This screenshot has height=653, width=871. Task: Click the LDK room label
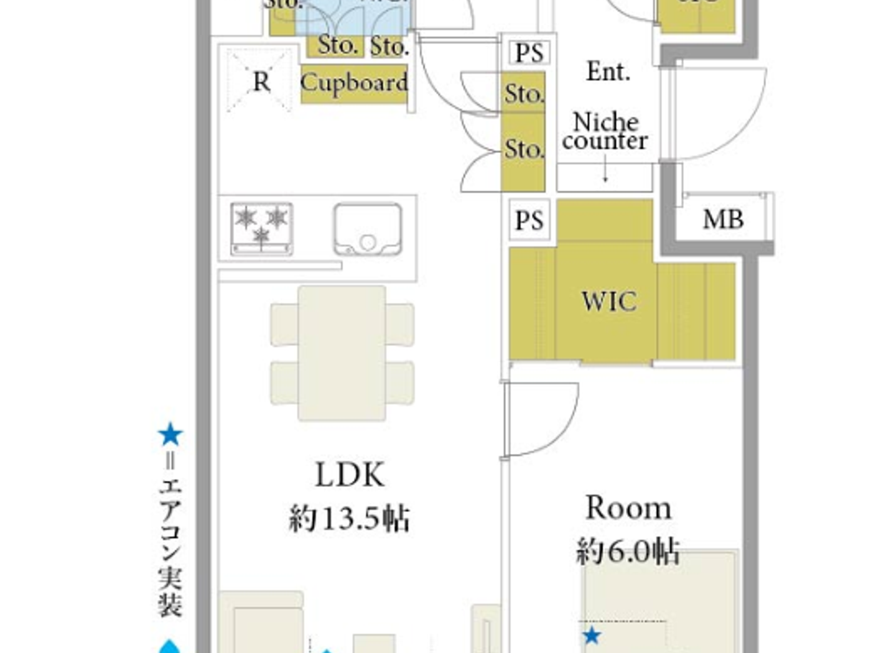click(350, 475)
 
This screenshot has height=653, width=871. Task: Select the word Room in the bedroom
click(628, 508)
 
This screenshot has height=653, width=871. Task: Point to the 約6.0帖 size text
click(627, 552)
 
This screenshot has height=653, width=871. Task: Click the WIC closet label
click(609, 302)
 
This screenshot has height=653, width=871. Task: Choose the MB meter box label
click(723, 220)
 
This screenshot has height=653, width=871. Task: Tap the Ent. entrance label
click(608, 72)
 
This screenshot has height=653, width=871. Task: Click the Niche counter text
click(605, 131)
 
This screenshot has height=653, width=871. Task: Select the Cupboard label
click(354, 83)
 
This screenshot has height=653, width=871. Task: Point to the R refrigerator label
click(261, 81)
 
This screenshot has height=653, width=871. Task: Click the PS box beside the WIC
click(529, 220)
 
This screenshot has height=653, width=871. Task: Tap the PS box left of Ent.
click(529, 53)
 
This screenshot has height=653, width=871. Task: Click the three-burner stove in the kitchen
click(261, 228)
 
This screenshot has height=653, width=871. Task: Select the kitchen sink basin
click(368, 229)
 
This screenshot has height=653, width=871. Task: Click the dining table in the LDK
click(342, 353)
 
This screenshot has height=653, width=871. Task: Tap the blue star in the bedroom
click(592, 636)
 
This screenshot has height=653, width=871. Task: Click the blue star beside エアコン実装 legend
click(170, 435)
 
